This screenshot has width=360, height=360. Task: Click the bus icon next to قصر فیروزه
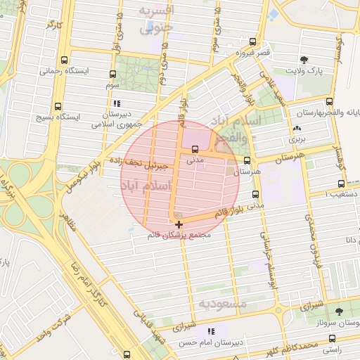[252, 42]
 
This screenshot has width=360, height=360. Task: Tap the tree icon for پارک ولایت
[303, 60]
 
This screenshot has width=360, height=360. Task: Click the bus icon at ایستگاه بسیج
[65, 105]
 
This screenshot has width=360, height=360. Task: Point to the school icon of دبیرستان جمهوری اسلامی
[116, 103]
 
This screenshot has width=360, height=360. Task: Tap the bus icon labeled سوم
[112, 73]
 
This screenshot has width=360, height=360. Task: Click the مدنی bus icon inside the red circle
[195, 149]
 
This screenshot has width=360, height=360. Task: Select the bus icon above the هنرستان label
[246, 160]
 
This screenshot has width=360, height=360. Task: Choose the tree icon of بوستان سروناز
[339, 310]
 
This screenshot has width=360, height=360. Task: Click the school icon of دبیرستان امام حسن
[210, 330]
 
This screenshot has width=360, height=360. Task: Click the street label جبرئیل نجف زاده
[138, 162]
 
